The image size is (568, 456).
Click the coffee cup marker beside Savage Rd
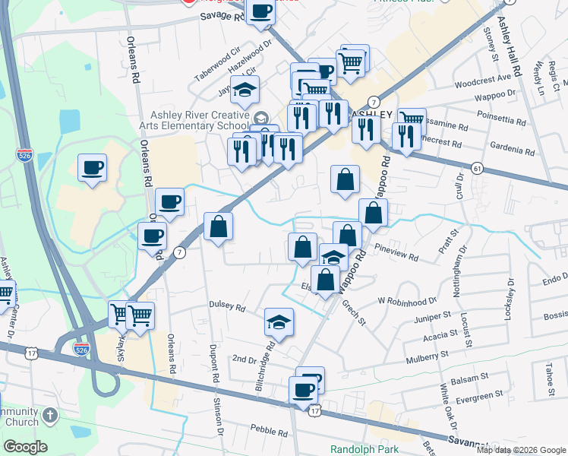point(260,13)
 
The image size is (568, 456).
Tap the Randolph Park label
point(364,448)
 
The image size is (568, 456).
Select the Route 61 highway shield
point(477,167)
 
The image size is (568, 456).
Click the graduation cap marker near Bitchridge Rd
point(279,322)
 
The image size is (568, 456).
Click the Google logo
point(25,446)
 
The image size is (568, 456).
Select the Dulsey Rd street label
point(227,308)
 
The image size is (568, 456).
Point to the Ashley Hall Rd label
point(510,38)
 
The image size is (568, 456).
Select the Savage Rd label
point(222,16)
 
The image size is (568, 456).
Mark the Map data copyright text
point(521,450)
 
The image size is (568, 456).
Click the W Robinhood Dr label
point(408,300)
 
